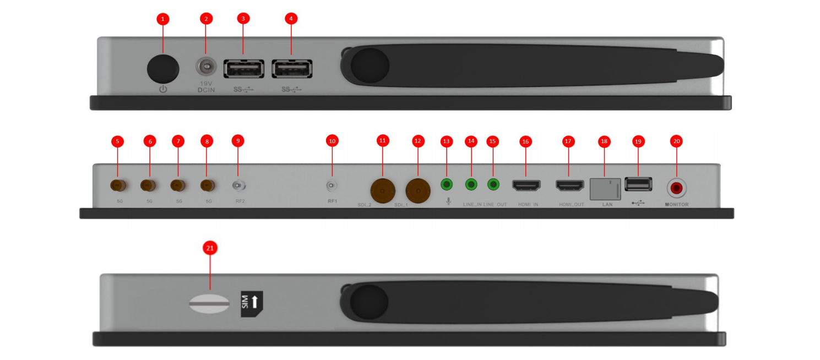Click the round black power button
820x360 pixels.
click(x=163, y=69)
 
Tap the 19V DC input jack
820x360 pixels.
click(x=206, y=68)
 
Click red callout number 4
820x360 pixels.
click(x=291, y=19)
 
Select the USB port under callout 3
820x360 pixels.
click(x=243, y=69)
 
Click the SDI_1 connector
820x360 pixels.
click(x=417, y=190)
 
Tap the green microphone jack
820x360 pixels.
click(x=447, y=184)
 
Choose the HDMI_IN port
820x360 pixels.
click(x=526, y=186)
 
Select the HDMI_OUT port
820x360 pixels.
click(x=569, y=186)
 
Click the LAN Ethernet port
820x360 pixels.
click(x=605, y=189)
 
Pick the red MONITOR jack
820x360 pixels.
click(x=677, y=188)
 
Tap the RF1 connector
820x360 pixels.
click(x=332, y=186)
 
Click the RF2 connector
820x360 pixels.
click(x=238, y=186)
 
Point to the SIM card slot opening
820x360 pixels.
click(x=209, y=304)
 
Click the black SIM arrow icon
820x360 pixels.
click(x=252, y=304)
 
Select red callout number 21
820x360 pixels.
click(x=209, y=249)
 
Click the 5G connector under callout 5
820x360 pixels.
click(x=117, y=185)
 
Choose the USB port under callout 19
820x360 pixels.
click(x=638, y=184)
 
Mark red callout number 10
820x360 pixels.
click(x=332, y=141)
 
